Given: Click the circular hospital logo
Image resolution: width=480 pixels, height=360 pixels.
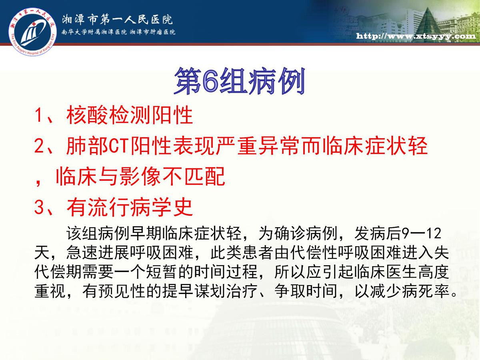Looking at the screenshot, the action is click(x=32, y=32).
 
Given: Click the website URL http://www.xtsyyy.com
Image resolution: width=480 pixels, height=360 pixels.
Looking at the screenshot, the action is click(x=416, y=36).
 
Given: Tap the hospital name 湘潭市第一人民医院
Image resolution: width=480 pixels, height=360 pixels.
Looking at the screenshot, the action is click(x=117, y=20).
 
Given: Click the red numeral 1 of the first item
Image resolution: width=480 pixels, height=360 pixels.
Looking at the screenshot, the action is click(x=39, y=115).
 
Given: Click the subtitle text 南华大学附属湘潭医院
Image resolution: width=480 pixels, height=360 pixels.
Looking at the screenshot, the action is click(x=94, y=32).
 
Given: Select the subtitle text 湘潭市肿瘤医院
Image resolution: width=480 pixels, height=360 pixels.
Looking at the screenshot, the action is click(x=153, y=32).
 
